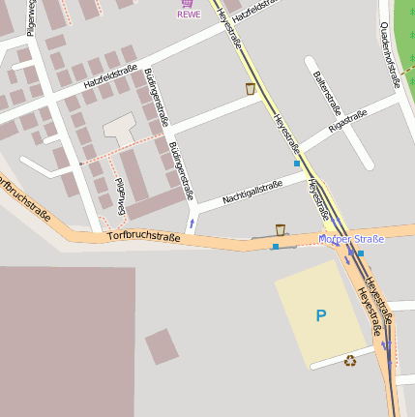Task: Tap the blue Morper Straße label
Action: [351, 239]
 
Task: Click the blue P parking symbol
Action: [321, 315]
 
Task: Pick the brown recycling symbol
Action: [349, 361]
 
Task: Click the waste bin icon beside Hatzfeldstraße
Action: [251, 89]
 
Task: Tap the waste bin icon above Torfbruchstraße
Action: [281, 229]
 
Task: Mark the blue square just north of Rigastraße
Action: [297, 164]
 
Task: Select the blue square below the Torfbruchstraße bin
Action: [276, 247]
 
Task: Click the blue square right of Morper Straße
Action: [361, 253]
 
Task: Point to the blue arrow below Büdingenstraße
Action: [192, 223]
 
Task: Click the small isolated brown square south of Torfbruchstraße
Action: [162, 345]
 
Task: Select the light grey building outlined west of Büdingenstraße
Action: [120, 126]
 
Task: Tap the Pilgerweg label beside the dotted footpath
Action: [121, 196]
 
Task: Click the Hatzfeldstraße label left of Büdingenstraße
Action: [107, 76]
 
